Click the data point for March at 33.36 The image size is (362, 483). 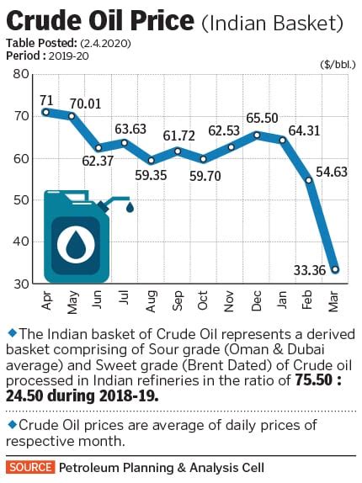[335, 270]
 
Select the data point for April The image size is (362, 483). [45, 112]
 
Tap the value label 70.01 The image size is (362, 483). [84, 103]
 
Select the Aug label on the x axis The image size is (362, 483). [152, 299]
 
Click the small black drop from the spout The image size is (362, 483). [130, 208]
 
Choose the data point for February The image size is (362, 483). [309, 180]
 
